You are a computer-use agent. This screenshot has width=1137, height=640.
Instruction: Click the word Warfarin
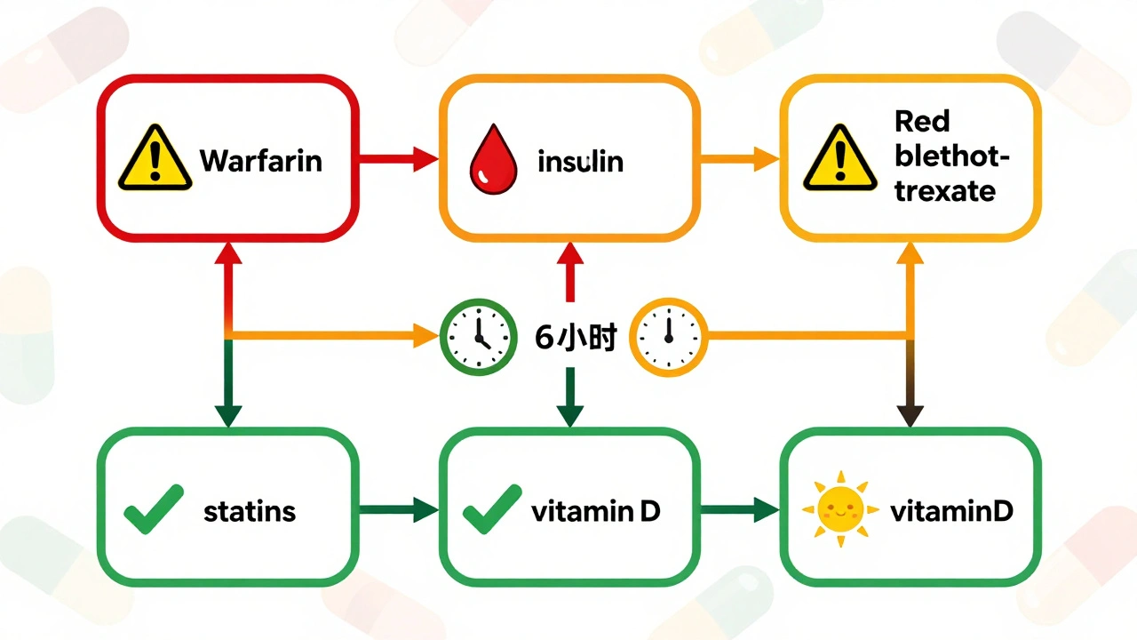[x=260, y=161]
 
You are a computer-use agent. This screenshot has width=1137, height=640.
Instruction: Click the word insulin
[x=581, y=162]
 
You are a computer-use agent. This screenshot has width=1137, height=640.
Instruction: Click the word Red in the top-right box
[x=922, y=121]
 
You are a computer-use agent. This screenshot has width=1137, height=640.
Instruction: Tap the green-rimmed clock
[x=478, y=337]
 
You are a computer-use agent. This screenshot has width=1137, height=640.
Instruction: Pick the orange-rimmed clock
[x=666, y=337]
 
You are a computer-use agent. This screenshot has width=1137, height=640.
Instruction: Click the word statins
[x=250, y=512]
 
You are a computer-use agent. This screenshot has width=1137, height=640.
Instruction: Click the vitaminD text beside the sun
[x=951, y=511]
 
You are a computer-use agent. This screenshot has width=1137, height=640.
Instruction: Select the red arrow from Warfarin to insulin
[x=398, y=160]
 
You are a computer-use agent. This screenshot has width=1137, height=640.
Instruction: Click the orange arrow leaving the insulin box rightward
[x=739, y=160]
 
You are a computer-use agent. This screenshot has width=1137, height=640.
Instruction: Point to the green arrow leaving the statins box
[x=398, y=510]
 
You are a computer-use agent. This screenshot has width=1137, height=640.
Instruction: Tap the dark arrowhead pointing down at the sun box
[x=910, y=414]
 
